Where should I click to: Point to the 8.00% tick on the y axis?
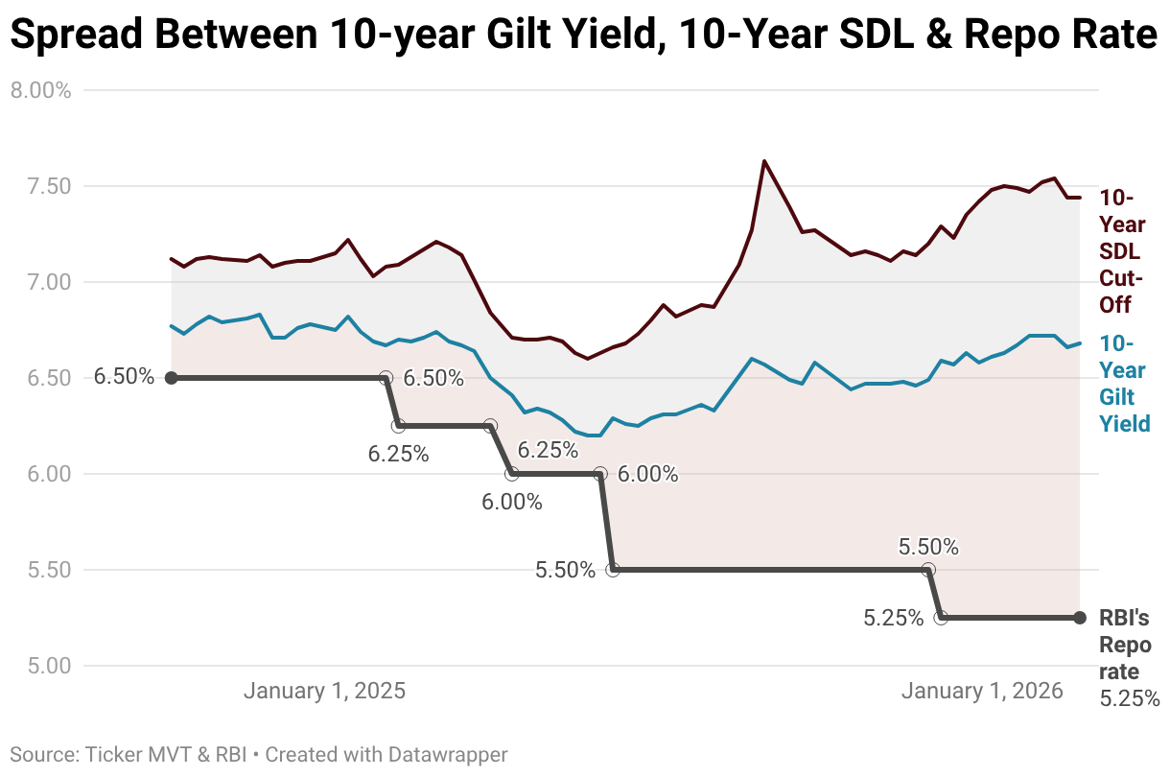coord(40,90)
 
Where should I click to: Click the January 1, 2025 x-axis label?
coord(324,692)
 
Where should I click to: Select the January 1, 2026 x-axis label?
coord(982,692)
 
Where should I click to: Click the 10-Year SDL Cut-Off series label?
coord(1122,251)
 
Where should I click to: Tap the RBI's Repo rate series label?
coord(1124,646)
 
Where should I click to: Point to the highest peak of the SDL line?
coord(764,161)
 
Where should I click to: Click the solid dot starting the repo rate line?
coord(171,378)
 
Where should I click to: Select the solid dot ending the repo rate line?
coord(1080,618)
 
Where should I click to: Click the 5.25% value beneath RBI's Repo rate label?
coord(1129,698)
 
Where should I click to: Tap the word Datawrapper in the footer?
coord(447,755)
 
